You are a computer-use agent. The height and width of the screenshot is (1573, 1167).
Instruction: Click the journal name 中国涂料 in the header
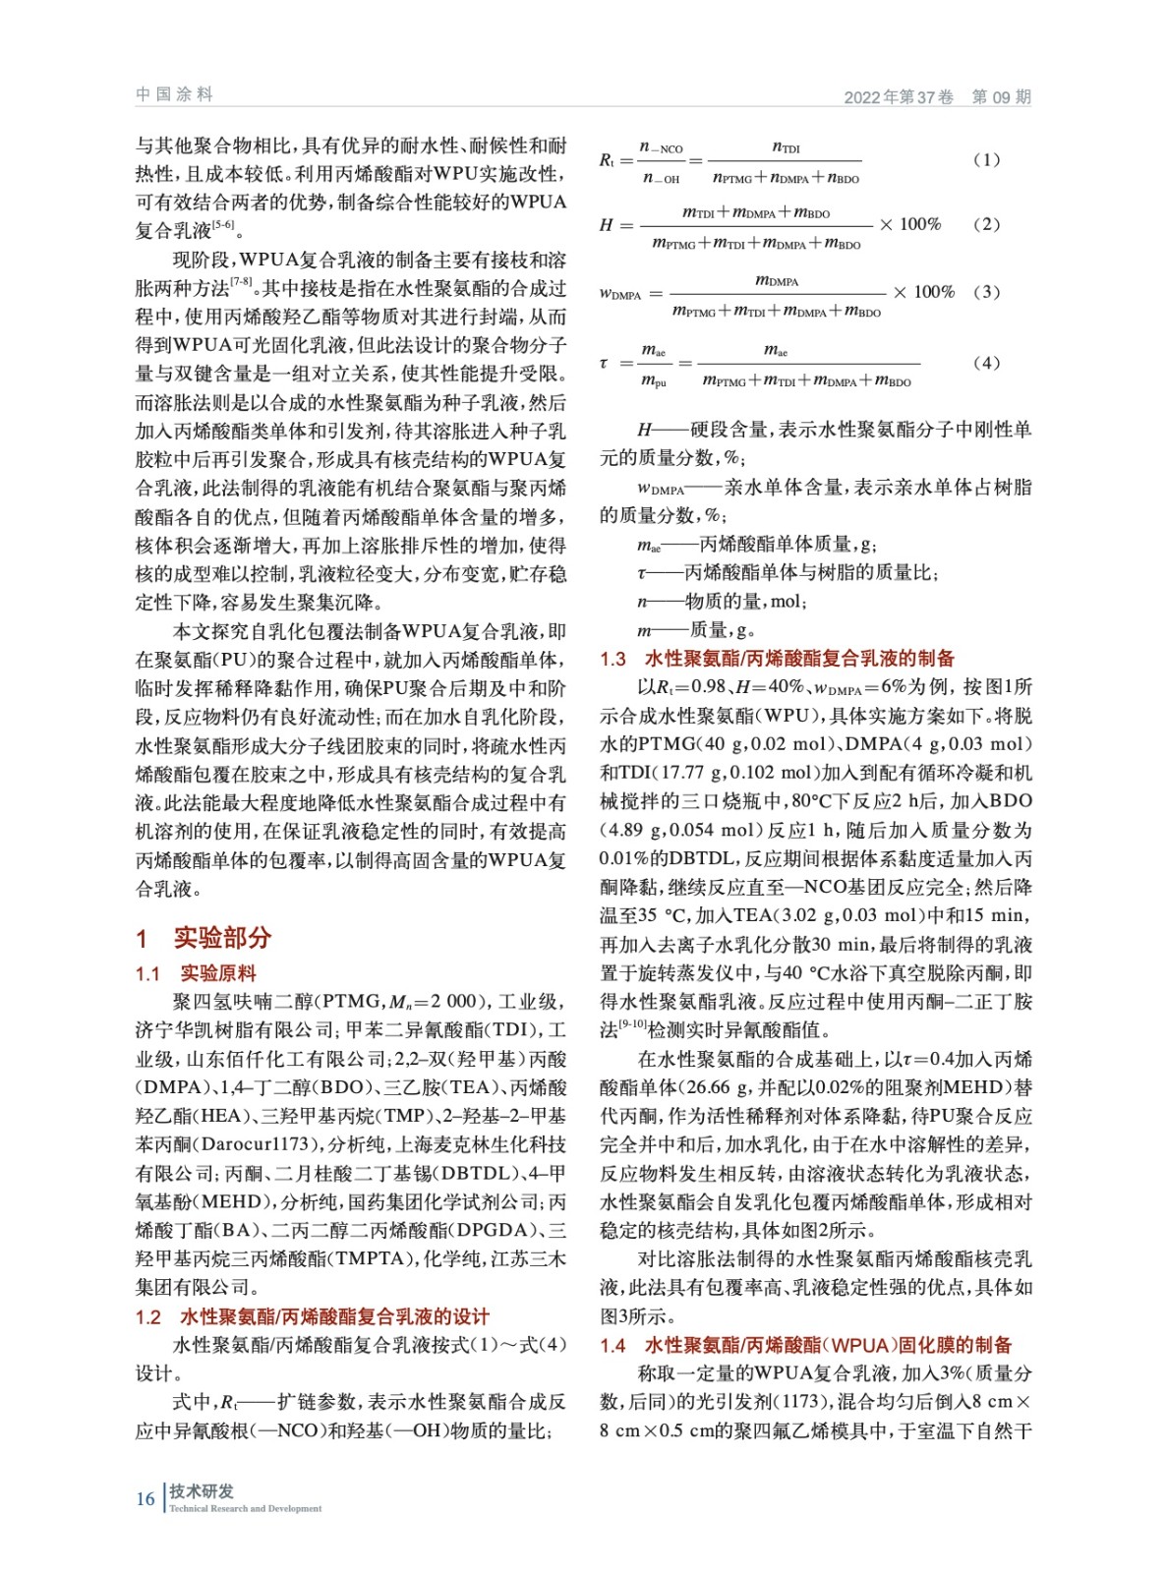point(174,94)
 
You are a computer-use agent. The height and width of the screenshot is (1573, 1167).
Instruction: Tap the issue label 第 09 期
point(1001,96)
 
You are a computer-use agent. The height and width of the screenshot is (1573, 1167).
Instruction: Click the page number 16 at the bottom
point(146,1498)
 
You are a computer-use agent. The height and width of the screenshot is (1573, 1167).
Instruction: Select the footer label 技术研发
point(202,1490)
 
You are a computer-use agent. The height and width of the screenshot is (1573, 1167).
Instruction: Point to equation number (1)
point(986,159)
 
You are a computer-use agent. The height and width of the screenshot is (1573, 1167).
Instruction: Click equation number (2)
point(986,224)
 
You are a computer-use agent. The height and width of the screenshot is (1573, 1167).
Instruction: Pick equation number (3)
point(986,292)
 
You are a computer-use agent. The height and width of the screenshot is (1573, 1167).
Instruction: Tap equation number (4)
point(986,363)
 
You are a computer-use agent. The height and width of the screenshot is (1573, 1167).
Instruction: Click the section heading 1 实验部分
point(204,937)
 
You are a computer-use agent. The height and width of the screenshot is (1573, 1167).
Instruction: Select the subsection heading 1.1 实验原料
point(196,973)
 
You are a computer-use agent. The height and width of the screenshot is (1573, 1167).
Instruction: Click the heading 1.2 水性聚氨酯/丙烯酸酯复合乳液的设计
point(312,1316)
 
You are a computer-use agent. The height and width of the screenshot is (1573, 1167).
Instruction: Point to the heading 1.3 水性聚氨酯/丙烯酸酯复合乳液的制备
point(777,658)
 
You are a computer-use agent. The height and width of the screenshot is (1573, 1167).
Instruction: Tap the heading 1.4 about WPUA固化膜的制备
point(805,1344)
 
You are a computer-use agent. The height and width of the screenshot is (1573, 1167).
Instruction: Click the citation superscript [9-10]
point(633,1024)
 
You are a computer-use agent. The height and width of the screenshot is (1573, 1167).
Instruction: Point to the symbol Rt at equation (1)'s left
point(607,160)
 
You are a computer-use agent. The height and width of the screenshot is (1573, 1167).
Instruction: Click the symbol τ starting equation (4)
point(604,364)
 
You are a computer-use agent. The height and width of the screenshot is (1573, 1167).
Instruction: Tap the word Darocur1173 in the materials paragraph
point(247,1144)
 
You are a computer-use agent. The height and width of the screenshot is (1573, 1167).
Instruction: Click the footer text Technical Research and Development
point(245,1508)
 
